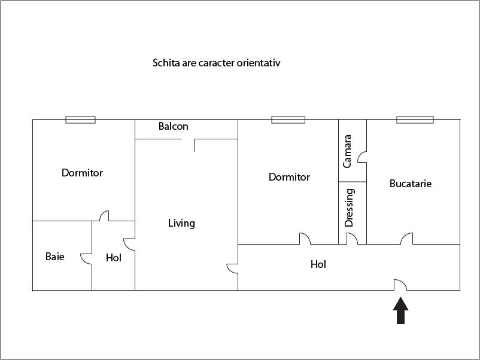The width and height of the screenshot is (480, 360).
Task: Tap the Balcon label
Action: [174, 126]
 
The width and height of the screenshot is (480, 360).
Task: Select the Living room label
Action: [181, 223]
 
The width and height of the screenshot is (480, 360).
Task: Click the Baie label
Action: [54, 257]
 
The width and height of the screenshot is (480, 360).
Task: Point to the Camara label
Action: [348, 151]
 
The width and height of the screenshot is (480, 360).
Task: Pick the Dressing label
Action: [350, 208]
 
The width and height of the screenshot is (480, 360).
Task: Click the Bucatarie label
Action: [411, 184]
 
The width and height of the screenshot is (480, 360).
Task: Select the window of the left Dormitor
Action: [80, 120]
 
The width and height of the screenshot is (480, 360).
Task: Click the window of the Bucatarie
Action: [415, 120]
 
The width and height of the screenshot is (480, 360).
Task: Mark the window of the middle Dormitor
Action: [288, 120]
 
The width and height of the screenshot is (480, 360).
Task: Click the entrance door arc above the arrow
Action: [400, 285]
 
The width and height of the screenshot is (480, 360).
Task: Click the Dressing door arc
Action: [353, 239]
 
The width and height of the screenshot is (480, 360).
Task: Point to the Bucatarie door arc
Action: [407, 239]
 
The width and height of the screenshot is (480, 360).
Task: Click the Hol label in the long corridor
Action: [318, 264]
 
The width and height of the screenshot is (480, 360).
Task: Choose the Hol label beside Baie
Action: [113, 258]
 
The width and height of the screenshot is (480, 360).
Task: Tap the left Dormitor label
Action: [82, 173]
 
